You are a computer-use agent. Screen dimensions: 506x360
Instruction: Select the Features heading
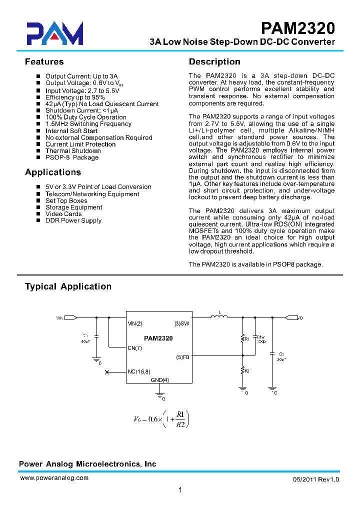coord(44,62)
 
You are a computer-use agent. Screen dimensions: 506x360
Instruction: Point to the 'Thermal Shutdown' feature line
coord(73,151)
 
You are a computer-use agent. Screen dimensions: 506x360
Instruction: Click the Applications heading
coord(53,172)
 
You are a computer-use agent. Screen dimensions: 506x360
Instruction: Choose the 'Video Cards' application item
coord(63,214)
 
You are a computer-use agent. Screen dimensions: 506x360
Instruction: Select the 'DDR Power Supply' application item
coord(73,220)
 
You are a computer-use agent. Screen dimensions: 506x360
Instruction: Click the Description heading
coord(214,62)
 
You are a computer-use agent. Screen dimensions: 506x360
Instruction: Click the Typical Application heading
coord(68,286)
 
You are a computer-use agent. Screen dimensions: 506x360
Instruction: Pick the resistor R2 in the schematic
coord(243,370)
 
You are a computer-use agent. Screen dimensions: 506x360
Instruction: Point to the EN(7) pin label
coord(135,348)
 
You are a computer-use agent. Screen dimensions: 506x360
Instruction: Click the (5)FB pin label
coord(182,357)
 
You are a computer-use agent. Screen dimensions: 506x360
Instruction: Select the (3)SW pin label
coord(182,323)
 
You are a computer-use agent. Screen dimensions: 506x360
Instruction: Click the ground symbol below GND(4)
coord(160,394)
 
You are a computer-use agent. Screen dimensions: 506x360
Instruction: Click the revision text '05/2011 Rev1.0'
coord(316,479)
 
